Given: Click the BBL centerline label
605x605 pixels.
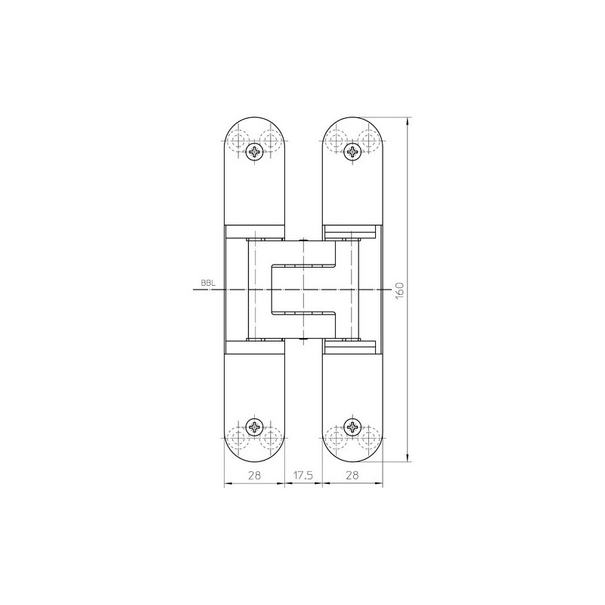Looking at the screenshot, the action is [x=208, y=282].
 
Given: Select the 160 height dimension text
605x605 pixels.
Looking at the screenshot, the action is [x=399, y=290].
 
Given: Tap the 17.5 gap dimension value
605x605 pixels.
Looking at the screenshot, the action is [x=303, y=475].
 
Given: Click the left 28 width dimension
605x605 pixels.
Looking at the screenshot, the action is [x=254, y=475].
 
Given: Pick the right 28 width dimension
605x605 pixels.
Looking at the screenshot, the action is [x=352, y=475].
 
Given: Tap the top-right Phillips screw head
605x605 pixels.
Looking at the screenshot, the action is [x=352, y=151].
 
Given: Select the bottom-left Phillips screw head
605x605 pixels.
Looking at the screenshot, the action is [x=255, y=427].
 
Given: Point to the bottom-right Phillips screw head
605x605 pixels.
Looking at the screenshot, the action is [x=352, y=427].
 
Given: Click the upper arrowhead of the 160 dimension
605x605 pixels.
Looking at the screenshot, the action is [x=408, y=121].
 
